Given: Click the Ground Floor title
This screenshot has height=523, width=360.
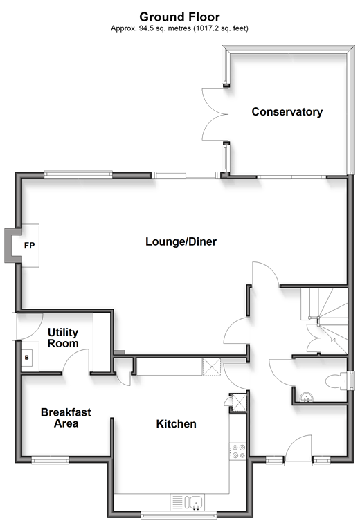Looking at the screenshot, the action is (x=179, y=17).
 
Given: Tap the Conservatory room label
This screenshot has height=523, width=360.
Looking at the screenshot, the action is (x=287, y=112).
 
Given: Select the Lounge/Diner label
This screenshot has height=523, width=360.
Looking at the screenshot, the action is (x=181, y=241).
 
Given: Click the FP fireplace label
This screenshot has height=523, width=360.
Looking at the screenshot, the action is (x=29, y=246).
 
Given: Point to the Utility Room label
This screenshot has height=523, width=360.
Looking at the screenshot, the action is (x=63, y=338).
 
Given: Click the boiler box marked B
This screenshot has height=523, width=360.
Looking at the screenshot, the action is (x=27, y=358).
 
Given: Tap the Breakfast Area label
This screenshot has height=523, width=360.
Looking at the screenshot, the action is (x=66, y=418).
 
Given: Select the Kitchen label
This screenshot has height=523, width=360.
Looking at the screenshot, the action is (x=176, y=424).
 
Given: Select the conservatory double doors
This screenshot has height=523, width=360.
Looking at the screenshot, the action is (x=215, y=114).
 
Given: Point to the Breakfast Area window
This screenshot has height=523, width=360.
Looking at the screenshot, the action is (x=51, y=461).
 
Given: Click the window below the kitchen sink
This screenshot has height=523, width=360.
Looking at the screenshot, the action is (x=179, y=515).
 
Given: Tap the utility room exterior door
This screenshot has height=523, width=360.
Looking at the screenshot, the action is (x=28, y=327).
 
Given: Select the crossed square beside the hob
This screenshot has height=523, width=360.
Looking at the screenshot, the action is (x=239, y=403).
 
